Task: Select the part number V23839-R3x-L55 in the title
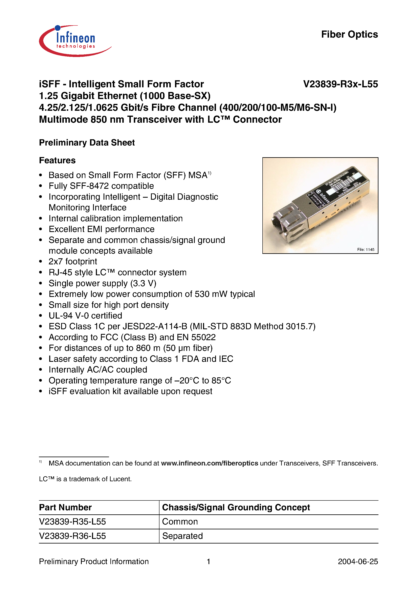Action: (x=340, y=84)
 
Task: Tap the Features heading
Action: (x=57, y=160)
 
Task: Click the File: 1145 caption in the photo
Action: (x=366, y=249)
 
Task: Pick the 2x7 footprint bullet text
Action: (x=73, y=262)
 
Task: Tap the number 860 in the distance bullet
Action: (x=143, y=348)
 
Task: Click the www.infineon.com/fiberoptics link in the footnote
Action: (x=209, y=463)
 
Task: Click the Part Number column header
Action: (x=65, y=507)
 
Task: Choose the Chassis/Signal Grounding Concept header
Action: (x=236, y=507)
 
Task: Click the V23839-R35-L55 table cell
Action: (x=72, y=522)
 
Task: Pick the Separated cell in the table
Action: (x=182, y=536)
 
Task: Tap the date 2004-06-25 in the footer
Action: (x=358, y=561)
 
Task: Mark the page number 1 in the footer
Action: (x=208, y=561)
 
